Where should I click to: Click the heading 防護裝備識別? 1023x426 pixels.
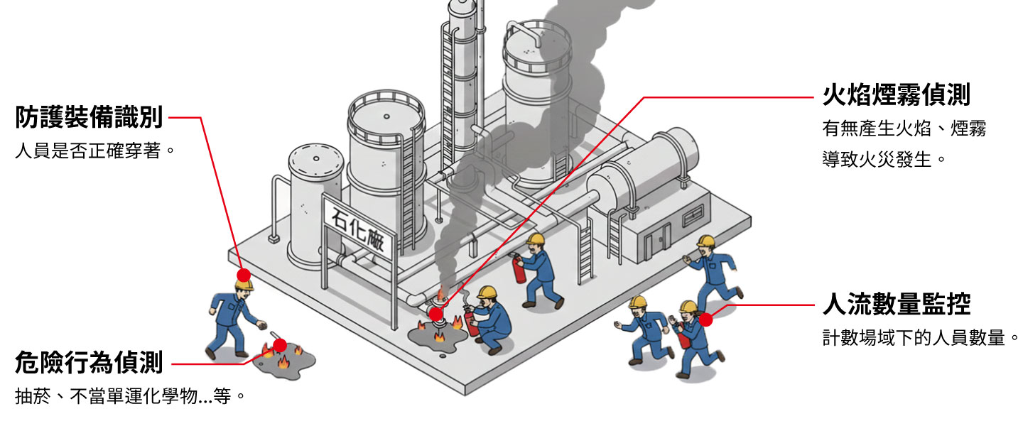(89, 118)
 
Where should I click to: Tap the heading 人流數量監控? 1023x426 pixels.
(897, 304)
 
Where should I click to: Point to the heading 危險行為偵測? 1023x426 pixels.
(89, 363)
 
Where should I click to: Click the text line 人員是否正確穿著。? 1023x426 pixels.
(94, 151)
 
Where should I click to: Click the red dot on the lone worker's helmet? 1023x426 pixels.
(244, 275)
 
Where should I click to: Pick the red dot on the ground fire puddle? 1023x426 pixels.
(280, 346)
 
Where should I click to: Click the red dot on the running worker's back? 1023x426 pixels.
(705, 319)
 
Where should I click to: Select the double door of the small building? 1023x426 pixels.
(657, 241)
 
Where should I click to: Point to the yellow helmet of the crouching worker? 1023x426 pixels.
(487, 293)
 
